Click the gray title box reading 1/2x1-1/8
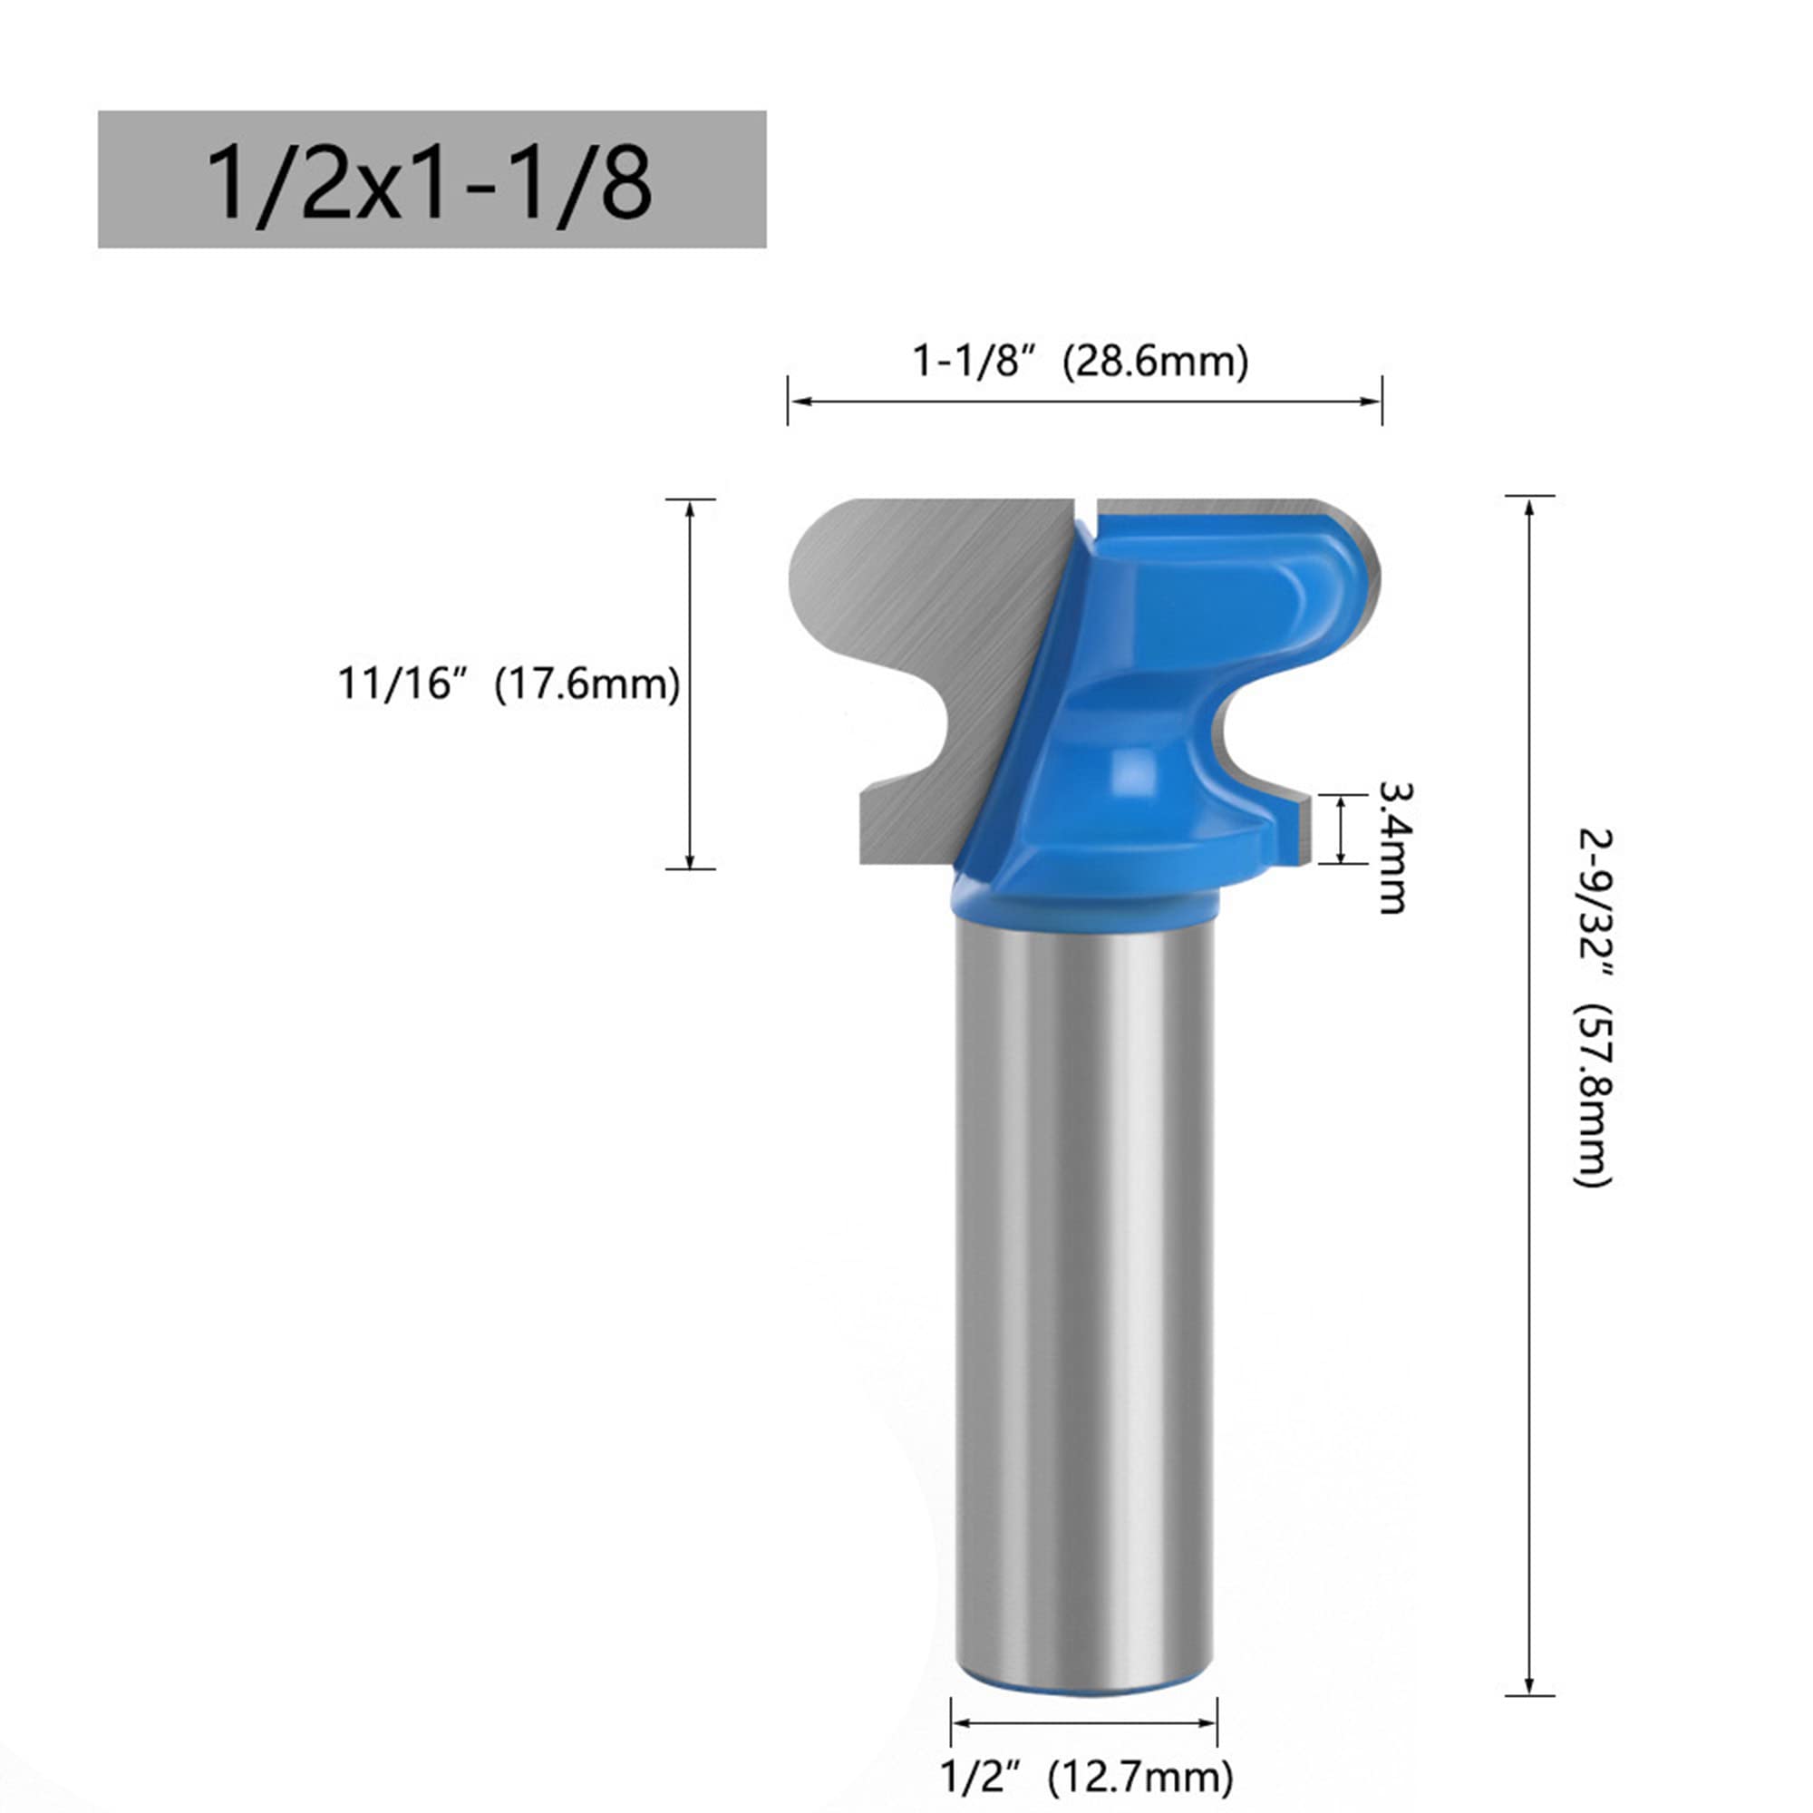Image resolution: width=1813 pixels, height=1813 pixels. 431,179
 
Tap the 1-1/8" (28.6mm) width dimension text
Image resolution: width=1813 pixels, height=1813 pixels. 1081,361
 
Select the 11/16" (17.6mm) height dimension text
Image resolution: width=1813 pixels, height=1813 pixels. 509,684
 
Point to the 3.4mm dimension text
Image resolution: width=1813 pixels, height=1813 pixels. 1393,848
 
